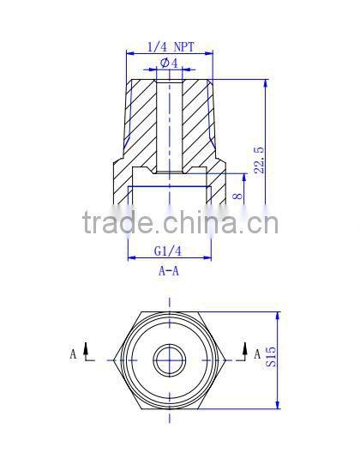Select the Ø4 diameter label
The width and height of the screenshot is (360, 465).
coord(168,63)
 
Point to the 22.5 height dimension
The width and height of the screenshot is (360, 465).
coord(260,160)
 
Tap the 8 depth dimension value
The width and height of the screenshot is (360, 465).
coord(238,196)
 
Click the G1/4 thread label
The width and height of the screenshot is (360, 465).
coord(168,251)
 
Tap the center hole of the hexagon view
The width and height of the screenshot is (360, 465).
coord(169,359)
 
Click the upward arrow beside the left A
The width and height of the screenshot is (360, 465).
coord(88,351)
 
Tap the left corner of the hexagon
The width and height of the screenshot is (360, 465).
coord(111,359)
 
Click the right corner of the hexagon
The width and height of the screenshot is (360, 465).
coord(225,359)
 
